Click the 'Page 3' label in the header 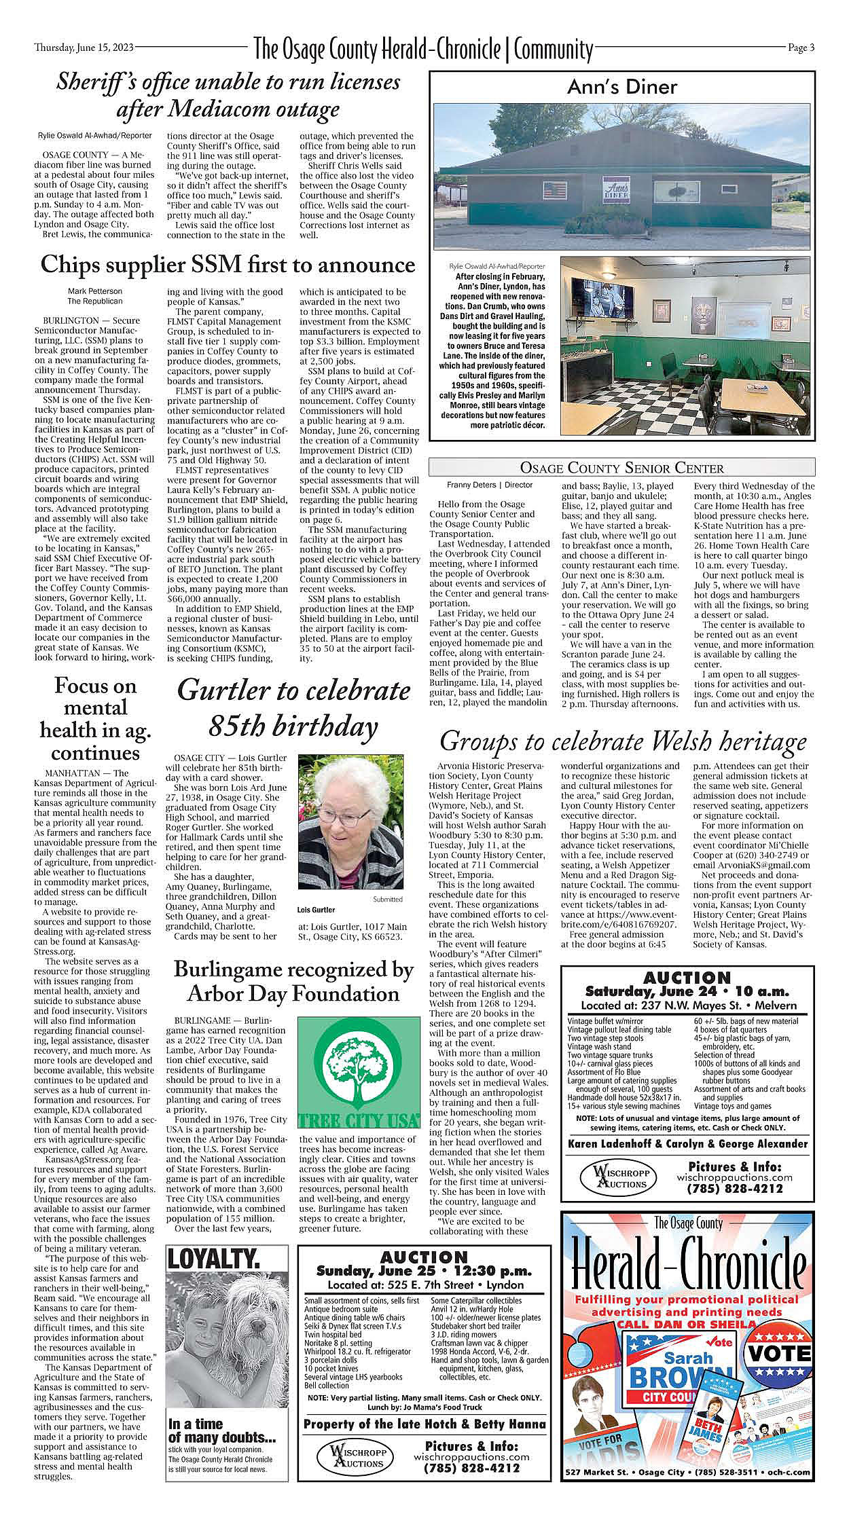[801, 48]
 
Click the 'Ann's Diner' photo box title [622, 87]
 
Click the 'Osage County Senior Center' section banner [621, 468]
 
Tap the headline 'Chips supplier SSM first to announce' [227, 265]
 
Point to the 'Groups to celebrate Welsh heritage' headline [623, 740]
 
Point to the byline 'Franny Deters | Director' [489, 485]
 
